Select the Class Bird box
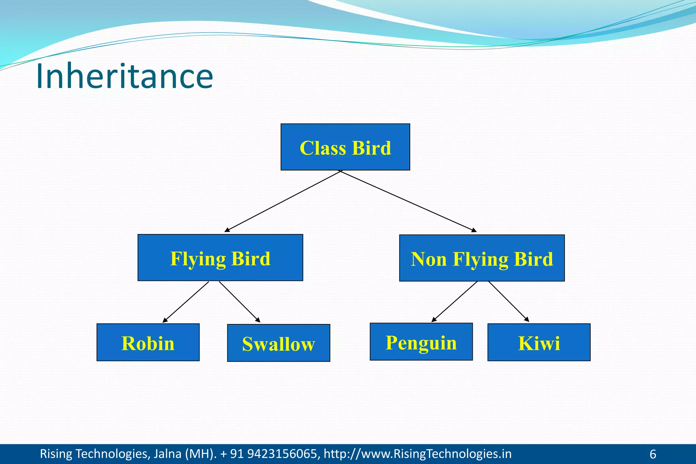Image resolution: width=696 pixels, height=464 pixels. (x=345, y=147)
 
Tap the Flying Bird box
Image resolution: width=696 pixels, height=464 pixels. (x=220, y=258)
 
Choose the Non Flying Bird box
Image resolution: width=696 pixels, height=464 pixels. (x=482, y=258)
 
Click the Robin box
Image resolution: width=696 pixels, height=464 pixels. (x=148, y=342)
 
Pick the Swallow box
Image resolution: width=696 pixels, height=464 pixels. (x=278, y=343)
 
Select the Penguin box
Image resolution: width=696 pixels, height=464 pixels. (x=421, y=342)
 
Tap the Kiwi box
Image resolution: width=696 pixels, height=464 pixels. (x=539, y=342)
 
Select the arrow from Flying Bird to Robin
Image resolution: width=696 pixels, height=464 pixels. (x=186, y=302)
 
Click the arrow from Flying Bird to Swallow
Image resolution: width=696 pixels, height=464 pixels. (x=240, y=302)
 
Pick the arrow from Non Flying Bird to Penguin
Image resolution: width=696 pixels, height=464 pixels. (x=454, y=302)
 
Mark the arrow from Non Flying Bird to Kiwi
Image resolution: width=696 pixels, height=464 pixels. (x=509, y=302)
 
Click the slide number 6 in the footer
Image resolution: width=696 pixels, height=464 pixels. (x=652, y=454)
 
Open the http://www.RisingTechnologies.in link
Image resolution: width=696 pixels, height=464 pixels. (x=417, y=454)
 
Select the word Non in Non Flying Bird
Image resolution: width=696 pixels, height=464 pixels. (x=429, y=259)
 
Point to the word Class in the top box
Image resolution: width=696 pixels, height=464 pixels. (x=323, y=148)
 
